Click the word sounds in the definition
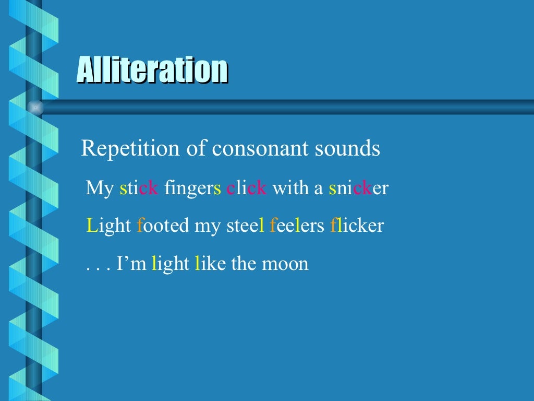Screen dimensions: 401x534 (347, 149)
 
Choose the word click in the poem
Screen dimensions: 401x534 (247, 188)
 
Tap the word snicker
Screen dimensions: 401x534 (359, 188)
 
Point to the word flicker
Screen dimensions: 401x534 (357, 226)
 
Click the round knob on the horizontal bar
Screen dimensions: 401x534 (35, 108)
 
